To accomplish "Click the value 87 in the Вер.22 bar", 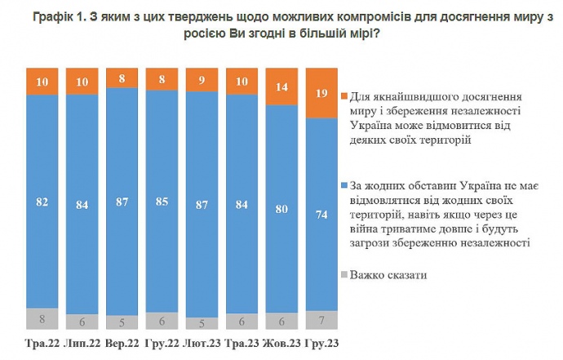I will click(x=122, y=201).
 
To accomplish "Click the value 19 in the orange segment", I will click(x=320, y=92).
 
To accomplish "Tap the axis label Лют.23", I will click(x=201, y=344).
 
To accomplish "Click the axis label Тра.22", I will click(x=40, y=344).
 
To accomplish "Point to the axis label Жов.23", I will click(x=281, y=344).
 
